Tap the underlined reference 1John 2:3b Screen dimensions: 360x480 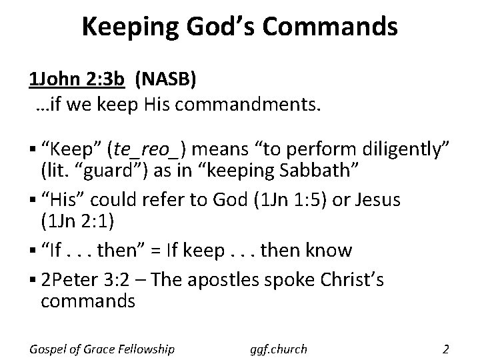[77, 81]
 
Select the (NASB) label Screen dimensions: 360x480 [165, 81]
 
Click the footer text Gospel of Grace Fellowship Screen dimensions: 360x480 [102, 349]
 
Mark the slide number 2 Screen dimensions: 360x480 [445, 348]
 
